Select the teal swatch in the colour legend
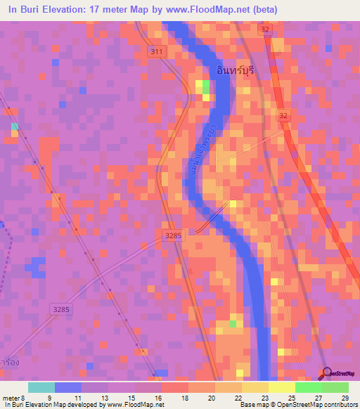coord(41,387)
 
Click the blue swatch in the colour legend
coord(68,387)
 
